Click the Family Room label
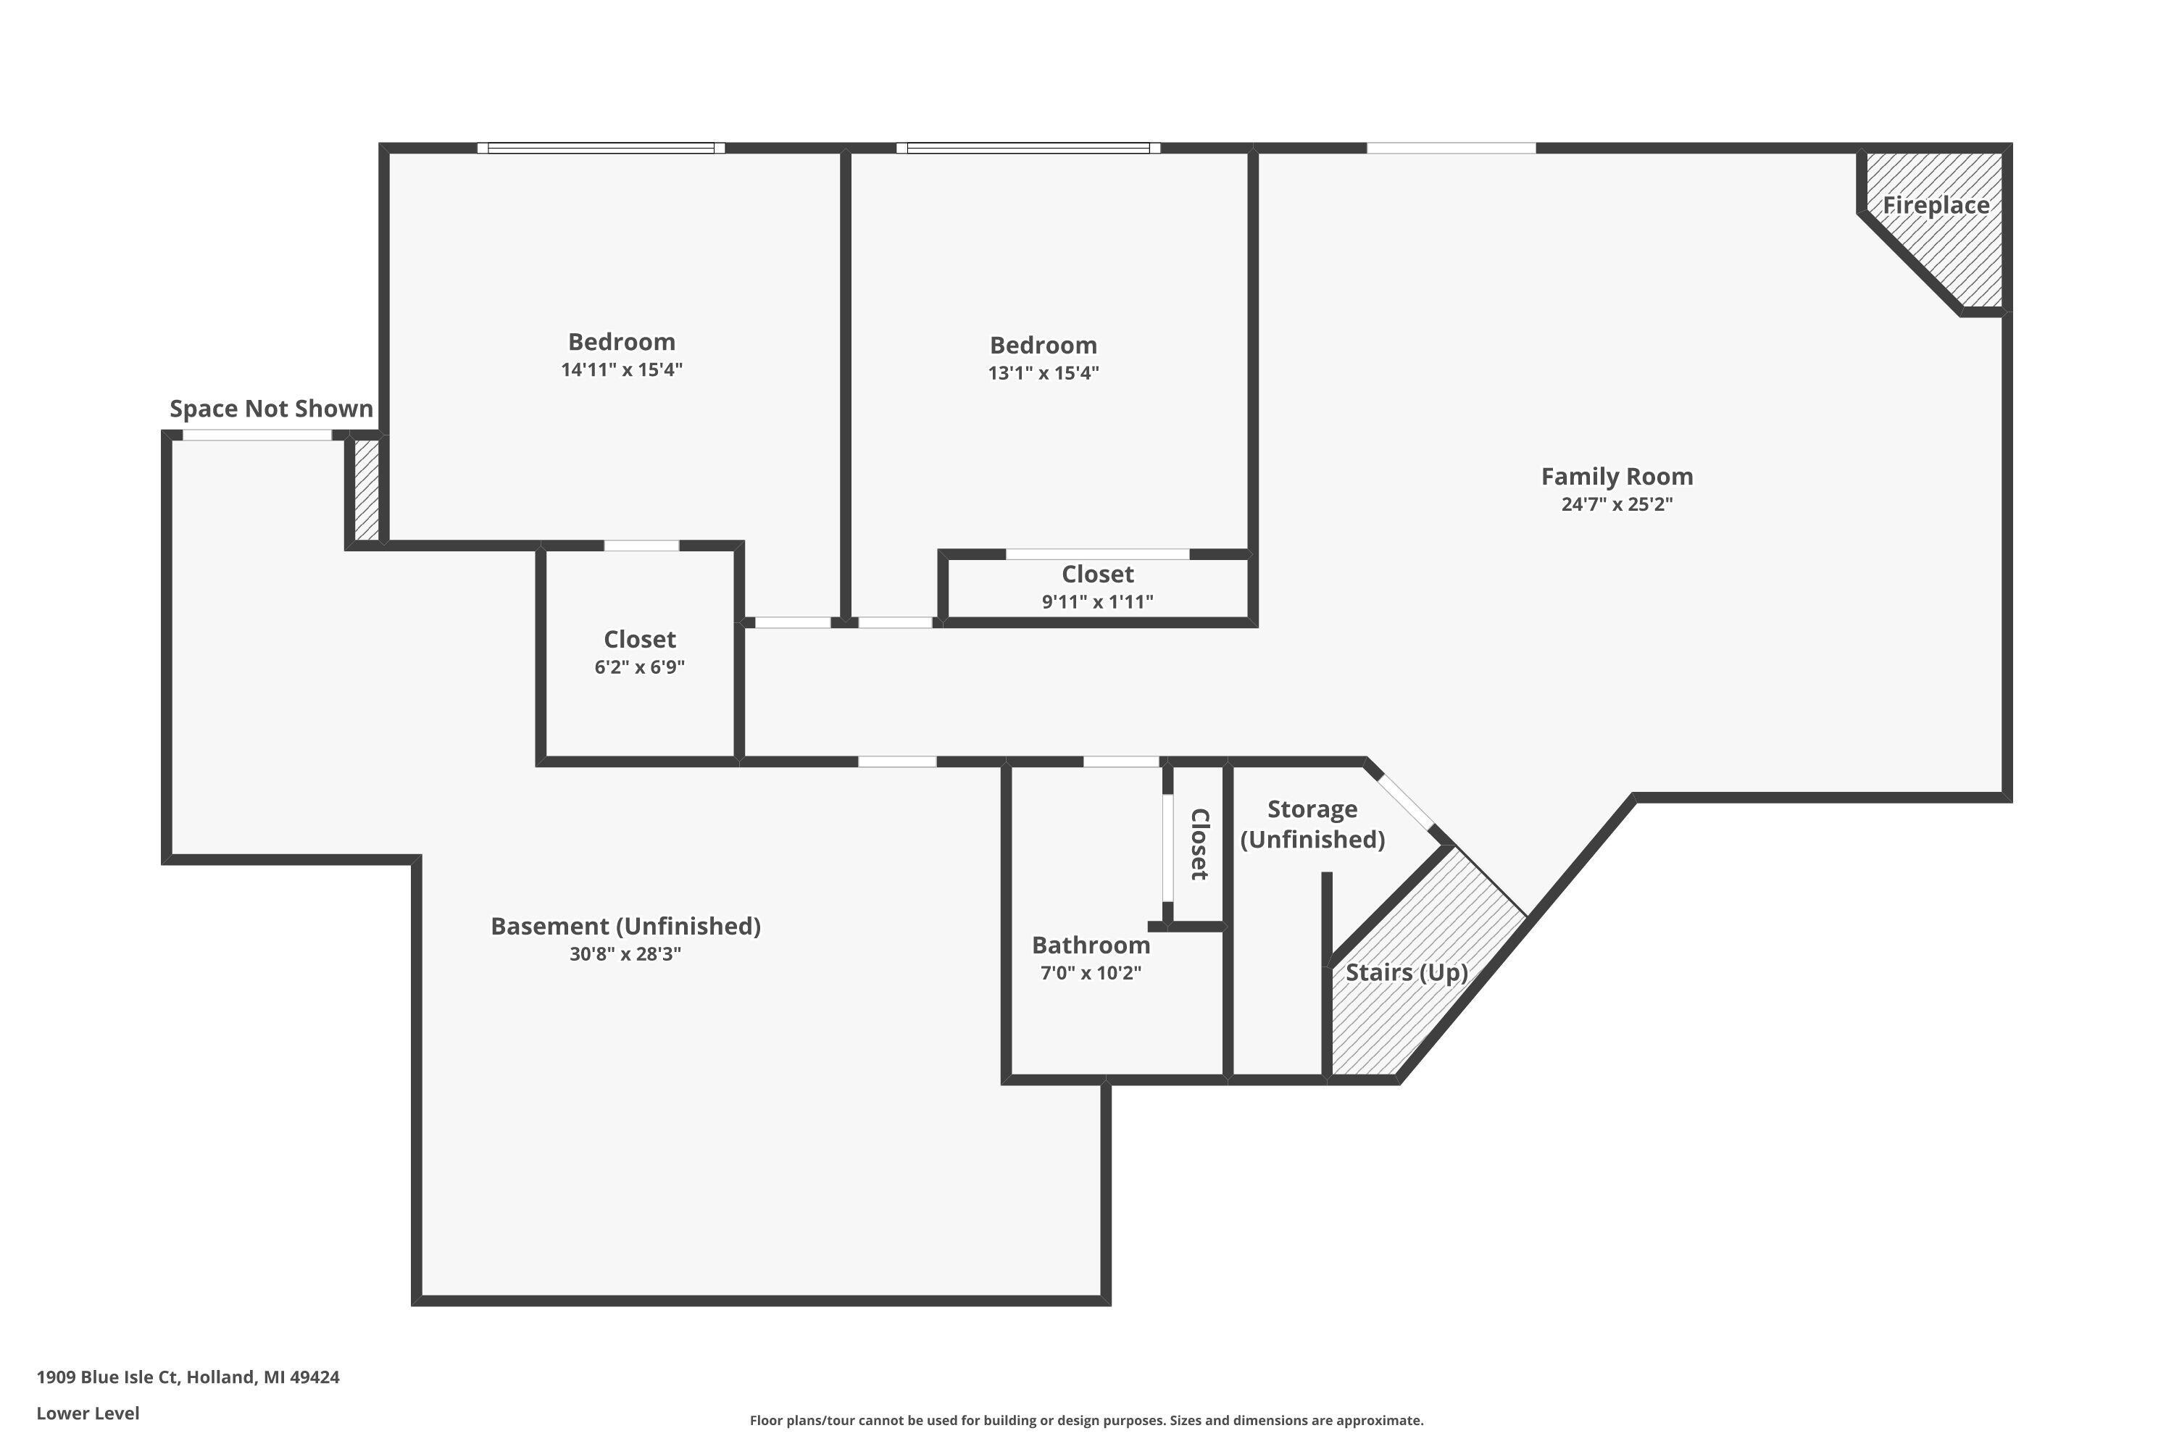1617,477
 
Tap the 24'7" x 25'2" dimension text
1617,504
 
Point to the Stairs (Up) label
1406,972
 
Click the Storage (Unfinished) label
1312,824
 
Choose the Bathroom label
1091,945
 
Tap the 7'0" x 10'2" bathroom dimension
1091,973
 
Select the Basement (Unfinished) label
626,926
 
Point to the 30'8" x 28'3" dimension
626,953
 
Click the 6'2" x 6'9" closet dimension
640,667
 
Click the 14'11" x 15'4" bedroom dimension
621,369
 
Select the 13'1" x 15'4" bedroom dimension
1044,373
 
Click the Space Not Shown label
271,409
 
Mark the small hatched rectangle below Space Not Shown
367,489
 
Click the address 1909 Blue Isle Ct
188,1377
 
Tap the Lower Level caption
88,1413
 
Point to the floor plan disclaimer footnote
1086,1420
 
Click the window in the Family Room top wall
1452,148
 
